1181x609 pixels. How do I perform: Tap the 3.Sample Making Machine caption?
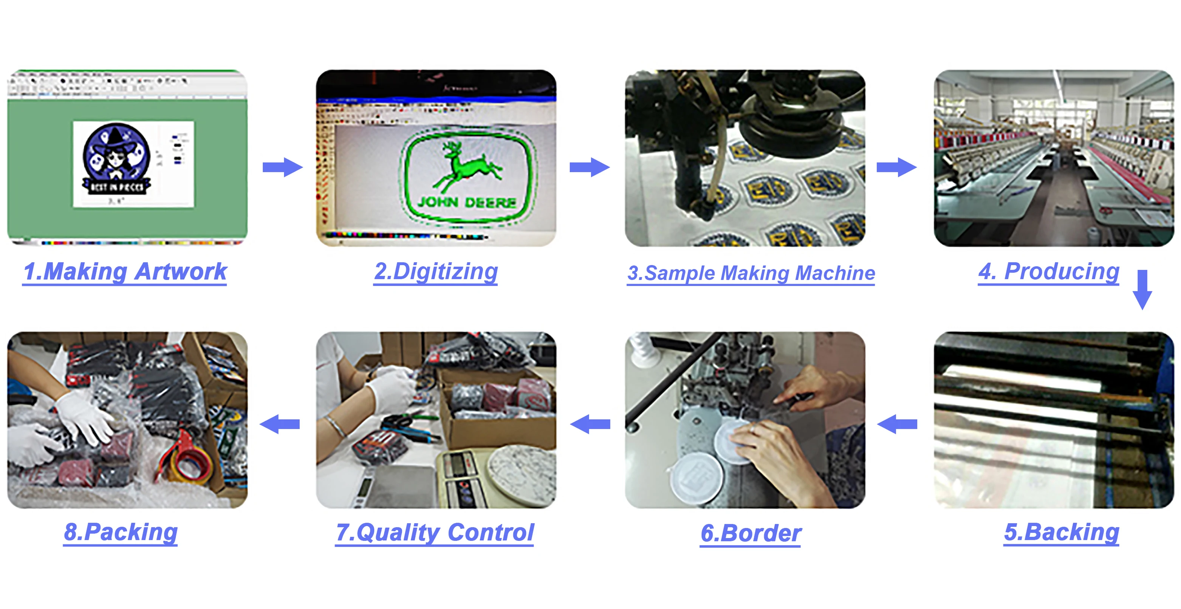[751, 273]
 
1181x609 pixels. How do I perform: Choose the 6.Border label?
[751, 533]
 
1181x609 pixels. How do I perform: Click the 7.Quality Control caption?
[435, 533]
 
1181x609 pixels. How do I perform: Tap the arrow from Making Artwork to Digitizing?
[282, 167]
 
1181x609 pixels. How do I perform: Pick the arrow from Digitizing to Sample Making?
[590, 167]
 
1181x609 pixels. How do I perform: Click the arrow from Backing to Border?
[897, 424]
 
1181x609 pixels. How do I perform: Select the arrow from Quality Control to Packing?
[280, 424]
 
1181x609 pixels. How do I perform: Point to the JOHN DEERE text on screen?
[467, 202]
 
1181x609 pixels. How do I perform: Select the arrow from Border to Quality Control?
[590, 424]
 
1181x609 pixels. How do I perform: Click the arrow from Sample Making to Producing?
[896, 167]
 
